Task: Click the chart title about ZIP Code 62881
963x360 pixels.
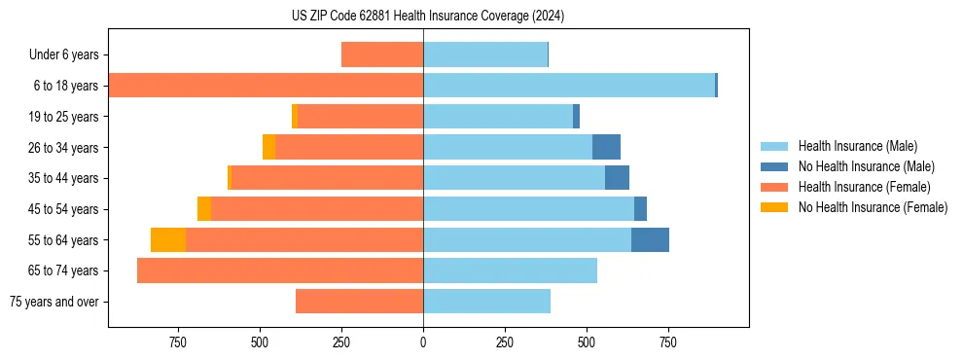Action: point(428,16)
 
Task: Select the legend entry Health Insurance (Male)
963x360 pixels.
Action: point(857,146)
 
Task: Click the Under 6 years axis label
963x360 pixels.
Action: point(63,55)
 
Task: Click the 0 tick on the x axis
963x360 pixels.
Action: point(423,342)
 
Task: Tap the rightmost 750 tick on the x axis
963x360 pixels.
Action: point(667,342)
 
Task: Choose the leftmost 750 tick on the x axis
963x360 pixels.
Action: point(178,342)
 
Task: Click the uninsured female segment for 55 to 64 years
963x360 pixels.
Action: point(168,240)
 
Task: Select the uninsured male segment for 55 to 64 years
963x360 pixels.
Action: point(650,240)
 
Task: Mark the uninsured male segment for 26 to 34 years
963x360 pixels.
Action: point(606,148)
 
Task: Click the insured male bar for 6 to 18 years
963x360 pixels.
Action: point(569,86)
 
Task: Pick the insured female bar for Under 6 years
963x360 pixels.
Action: point(382,55)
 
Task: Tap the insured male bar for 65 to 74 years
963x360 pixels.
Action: point(510,270)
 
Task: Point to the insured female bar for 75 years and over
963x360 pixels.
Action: point(359,302)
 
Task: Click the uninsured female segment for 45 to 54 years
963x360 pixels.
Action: point(204,209)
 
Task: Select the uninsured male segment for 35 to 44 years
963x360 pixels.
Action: point(617,178)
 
